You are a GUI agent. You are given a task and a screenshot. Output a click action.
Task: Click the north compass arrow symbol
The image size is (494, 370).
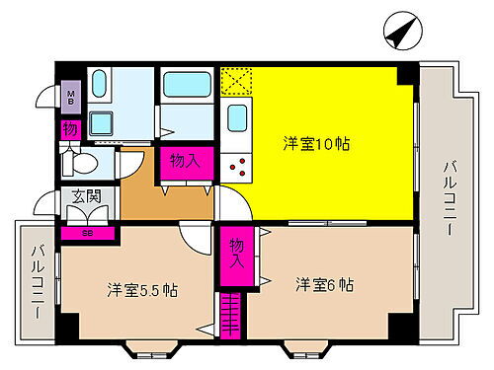[398, 33]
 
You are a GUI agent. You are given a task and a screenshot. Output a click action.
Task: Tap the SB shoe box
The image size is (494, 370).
[88, 233]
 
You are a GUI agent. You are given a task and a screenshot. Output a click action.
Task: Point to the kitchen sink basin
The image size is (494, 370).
[237, 118]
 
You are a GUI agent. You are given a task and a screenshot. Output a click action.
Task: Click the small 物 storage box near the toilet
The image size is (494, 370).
[70, 129]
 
